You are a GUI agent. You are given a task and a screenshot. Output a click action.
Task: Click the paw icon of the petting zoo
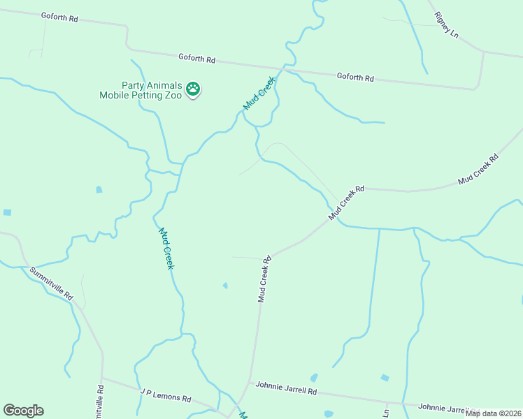coord(193,89)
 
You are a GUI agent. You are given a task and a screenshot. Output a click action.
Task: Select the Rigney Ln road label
coord(445,24)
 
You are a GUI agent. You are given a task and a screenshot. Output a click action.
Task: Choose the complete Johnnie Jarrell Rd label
coord(286,388)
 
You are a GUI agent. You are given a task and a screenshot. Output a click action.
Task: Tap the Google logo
coord(23,411)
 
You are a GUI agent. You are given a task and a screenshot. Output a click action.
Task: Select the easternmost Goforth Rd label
coord(355,77)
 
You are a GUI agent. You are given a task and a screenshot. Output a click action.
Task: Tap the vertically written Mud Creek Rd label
coord(264,279)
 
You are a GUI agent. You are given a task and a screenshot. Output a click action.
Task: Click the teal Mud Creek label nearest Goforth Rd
coord(259,94)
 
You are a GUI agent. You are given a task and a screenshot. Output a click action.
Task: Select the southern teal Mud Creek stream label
coord(166,248)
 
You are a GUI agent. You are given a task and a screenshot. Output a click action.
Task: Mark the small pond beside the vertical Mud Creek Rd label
coord(225,285)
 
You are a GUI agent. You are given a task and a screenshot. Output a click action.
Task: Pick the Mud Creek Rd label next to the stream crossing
coord(348,203)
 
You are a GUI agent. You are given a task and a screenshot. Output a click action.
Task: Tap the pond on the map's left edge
coord(7,212)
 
